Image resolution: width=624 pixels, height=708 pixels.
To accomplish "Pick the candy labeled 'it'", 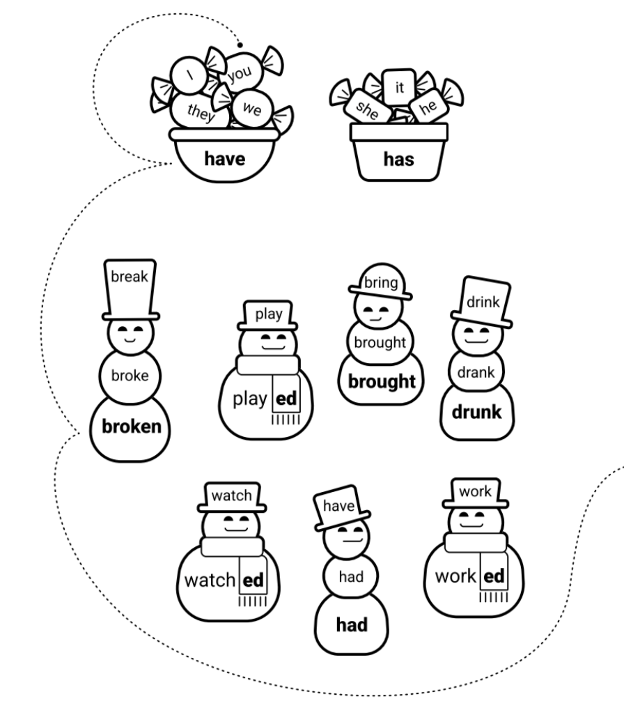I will (x=399, y=88).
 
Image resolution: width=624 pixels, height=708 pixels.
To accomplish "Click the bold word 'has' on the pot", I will (x=398, y=160).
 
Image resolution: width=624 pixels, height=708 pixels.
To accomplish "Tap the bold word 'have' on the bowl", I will (x=224, y=159).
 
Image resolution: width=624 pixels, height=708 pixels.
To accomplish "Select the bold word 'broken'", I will (x=131, y=426).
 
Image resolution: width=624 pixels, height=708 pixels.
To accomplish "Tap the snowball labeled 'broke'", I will (x=130, y=376).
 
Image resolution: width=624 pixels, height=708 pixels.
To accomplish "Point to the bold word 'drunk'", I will (x=476, y=411).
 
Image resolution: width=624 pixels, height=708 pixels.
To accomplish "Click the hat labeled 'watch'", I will (x=232, y=495).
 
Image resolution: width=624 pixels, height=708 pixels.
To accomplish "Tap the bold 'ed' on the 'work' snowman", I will (x=493, y=577).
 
